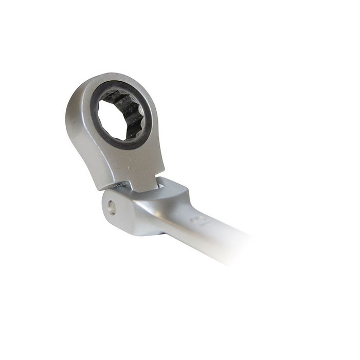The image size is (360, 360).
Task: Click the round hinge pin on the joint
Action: (112, 208)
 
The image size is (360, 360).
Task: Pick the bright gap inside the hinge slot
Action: (161, 183)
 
